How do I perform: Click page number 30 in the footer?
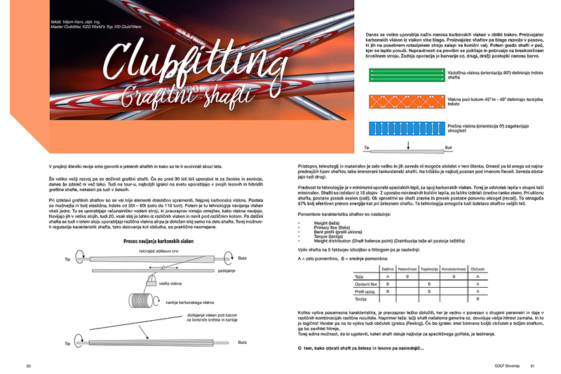coord(29,366)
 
